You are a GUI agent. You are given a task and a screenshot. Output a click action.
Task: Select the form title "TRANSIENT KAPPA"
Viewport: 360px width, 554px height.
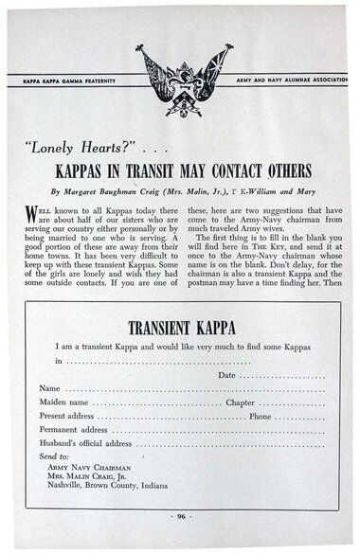180,329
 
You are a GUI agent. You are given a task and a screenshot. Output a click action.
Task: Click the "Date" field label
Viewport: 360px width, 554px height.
226,375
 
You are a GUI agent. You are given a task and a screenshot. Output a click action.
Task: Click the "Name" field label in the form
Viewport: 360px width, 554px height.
49,388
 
